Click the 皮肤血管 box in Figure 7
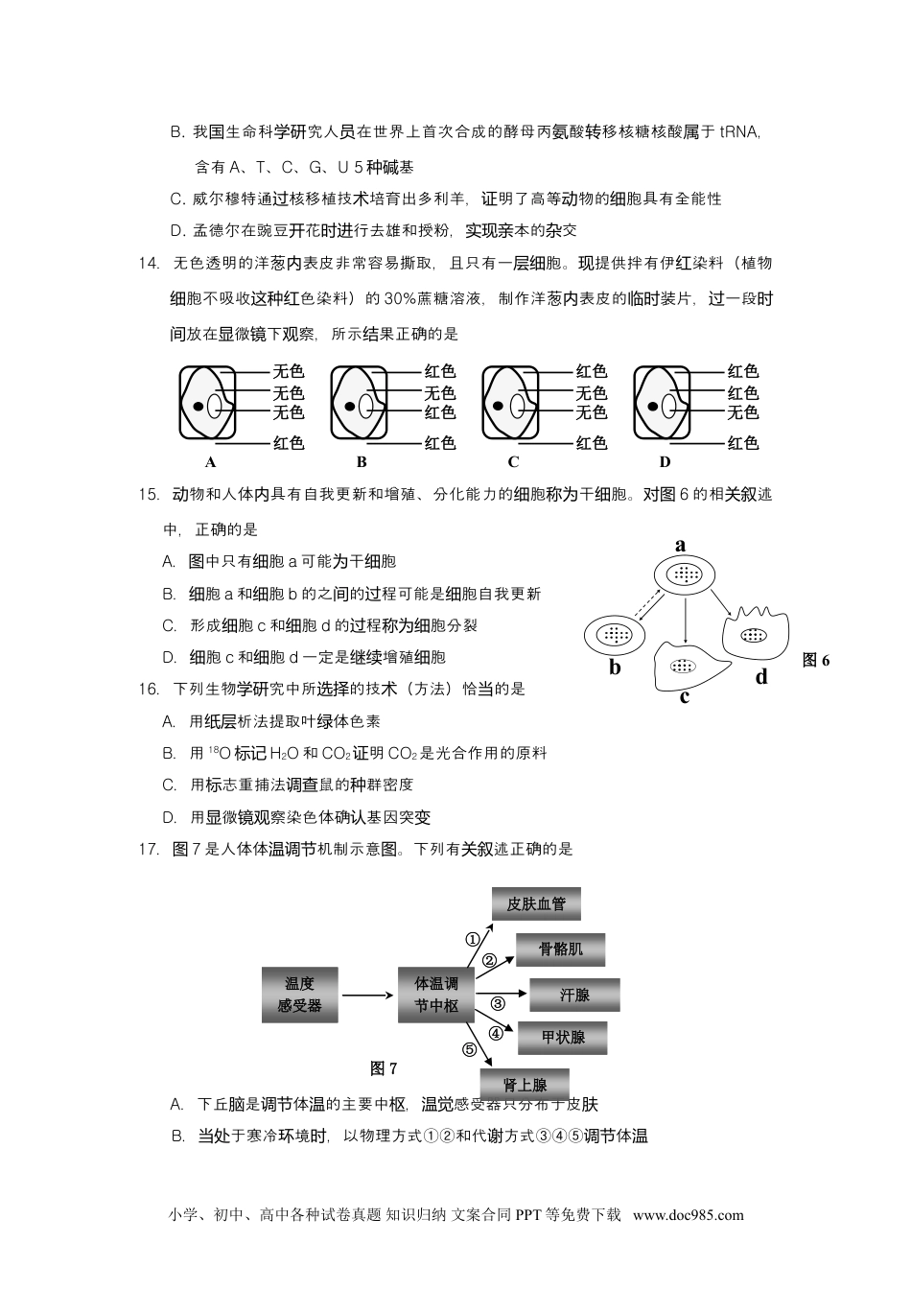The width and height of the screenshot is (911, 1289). click(x=536, y=903)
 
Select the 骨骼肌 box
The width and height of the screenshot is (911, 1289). click(x=560, y=949)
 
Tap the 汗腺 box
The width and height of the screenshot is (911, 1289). click(x=574, y=996)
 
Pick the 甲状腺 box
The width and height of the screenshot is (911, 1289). click(x=562, y=1038)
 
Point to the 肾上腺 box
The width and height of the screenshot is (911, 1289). click(x=526, y=1085)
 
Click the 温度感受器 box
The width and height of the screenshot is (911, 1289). click(x=299, y=995)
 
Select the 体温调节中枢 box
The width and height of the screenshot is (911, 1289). click(x=436, y=995)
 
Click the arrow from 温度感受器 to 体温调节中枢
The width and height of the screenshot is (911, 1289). click(x=367, y=995)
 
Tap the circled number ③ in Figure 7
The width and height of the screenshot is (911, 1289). click(x=498, y=1004)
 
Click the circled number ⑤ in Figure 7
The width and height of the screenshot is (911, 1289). click(x=469, y=1049)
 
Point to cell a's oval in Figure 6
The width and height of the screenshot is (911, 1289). click(x=685, y=574)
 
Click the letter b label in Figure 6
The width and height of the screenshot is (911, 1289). click(x=615, y=668)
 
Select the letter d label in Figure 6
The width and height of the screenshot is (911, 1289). click(x=761, y=677)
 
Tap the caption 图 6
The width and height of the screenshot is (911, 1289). click(x=815, y=660)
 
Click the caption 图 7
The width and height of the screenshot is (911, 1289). click(x=384, y=1068)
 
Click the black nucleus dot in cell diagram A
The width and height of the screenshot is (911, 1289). click(x=199, y=407)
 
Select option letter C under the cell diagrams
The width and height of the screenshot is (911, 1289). click(x=513, y=462)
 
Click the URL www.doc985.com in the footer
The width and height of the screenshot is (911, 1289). click(x=688, y=1215)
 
